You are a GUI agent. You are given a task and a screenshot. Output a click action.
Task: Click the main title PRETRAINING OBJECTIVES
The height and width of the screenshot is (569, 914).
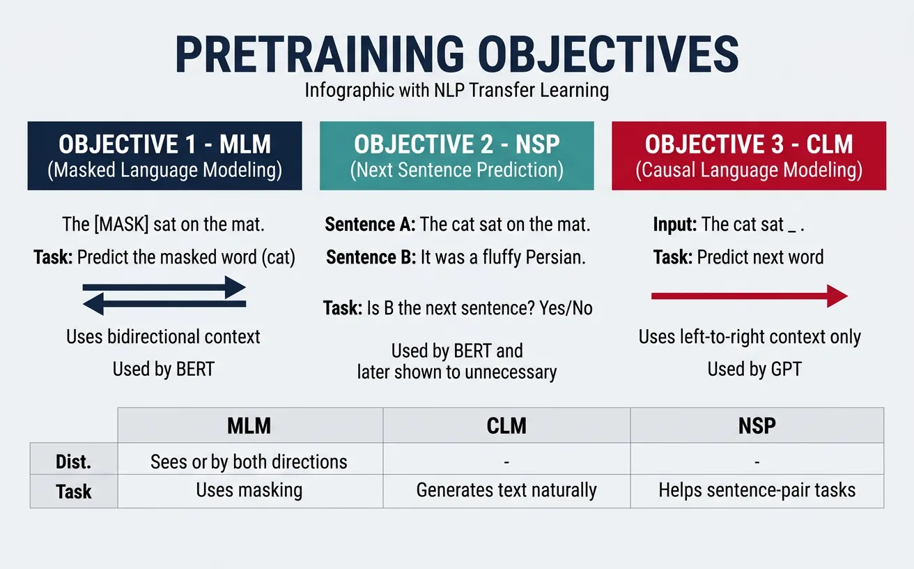tap(457, 54)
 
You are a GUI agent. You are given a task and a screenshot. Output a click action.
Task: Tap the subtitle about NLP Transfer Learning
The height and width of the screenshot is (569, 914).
tap(457, 91)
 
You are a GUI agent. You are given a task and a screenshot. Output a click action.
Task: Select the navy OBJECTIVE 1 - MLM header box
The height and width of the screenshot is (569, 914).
tap(164, 155)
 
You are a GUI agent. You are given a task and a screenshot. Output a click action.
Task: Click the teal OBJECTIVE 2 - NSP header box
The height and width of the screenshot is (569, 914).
tap(457, 155)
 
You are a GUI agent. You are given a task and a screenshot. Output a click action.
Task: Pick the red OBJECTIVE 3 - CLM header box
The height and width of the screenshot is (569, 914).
tap(749, 155)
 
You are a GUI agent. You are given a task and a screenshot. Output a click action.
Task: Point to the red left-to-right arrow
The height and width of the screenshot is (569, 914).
tap(749, 296)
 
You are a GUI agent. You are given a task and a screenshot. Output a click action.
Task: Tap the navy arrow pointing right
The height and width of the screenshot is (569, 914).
tap(164, 287)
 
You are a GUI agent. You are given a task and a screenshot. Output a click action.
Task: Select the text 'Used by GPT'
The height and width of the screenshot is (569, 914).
tap(754, 369)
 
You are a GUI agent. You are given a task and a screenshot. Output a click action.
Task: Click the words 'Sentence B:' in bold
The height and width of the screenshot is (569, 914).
tap(371, 257)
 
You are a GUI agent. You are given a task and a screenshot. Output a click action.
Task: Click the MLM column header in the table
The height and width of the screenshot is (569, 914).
tap(249, 425)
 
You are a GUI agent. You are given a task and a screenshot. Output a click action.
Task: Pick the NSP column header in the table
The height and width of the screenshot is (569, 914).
tap(757, 425)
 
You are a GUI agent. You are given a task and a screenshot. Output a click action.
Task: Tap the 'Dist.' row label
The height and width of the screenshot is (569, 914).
tap(74, 462)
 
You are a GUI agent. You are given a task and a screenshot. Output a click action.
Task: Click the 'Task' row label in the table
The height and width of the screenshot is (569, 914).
tap(74, 492)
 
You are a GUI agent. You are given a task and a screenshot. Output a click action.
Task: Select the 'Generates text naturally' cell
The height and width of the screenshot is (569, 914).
tap(506, 490)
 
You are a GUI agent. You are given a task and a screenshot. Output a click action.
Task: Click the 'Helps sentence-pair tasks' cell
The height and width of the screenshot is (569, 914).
tap(757, 490)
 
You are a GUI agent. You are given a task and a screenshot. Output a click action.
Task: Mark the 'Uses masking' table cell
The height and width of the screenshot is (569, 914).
tap(249, 490)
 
